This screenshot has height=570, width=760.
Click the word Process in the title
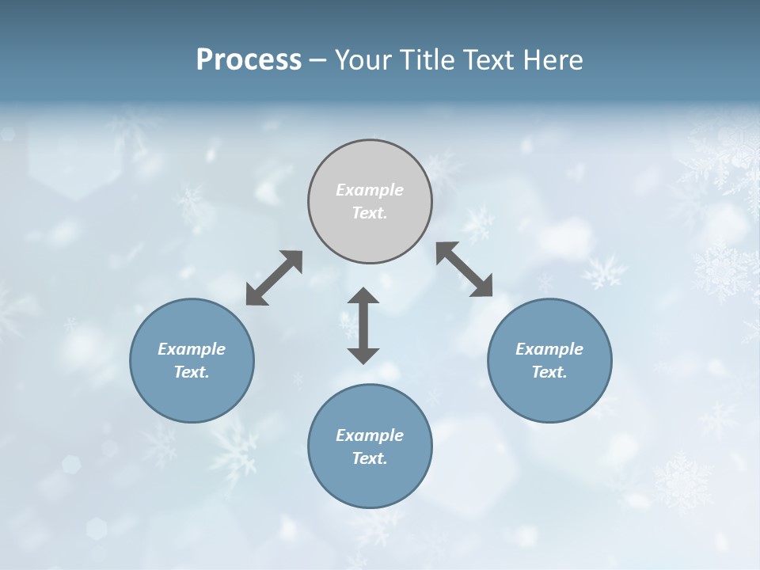(249, 60)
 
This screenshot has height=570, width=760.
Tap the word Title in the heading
(426, 60)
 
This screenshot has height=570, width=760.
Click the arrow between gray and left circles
(274, 278)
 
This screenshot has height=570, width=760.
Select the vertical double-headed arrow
(363, 325)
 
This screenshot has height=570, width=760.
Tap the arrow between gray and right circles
(464, 270)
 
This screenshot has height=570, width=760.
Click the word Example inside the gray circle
(370, 190)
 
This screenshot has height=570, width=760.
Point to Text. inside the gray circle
(370, 213)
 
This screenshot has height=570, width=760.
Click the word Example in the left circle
(192, 349)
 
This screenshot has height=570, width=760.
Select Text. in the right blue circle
(549, 372)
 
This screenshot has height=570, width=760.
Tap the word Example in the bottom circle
(370, 435)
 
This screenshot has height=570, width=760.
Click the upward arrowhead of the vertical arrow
(363, 297)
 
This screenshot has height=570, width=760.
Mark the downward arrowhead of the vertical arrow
(363, 354)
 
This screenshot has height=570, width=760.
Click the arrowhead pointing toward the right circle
(481, 286)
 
